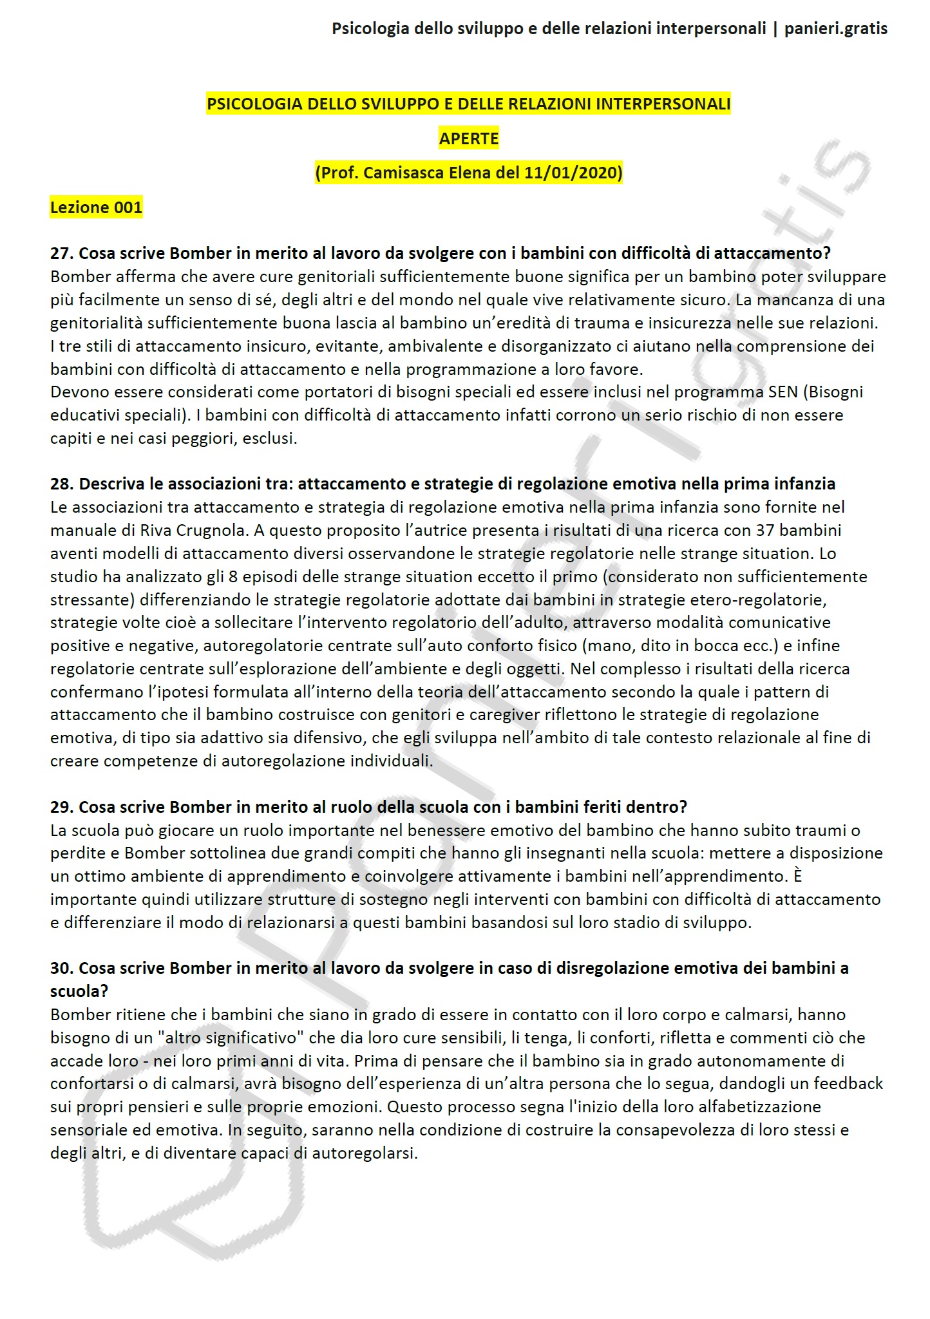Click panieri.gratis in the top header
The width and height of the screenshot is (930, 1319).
(x=835, y=28)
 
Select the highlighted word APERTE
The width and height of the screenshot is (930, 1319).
(x=469, y=138)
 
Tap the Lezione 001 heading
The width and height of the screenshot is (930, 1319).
(x=96, y=207)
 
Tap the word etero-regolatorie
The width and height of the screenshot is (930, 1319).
(x=757, y=600)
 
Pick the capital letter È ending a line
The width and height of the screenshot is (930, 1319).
(x=798, y=876)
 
